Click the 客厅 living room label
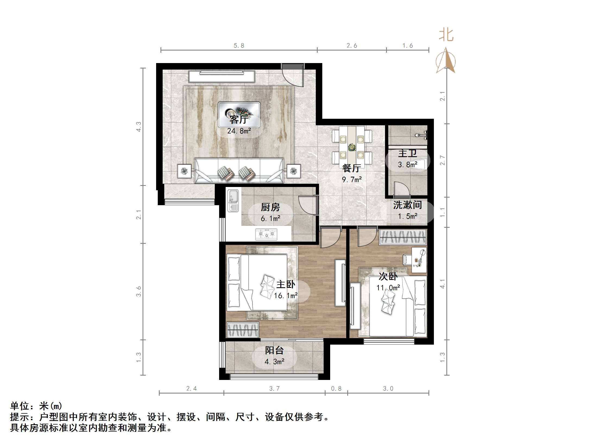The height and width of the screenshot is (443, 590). (239, 120)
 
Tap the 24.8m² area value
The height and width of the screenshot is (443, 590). (239, 131)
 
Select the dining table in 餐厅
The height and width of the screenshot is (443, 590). (352, 147)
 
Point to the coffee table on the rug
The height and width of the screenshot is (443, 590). (239, 114)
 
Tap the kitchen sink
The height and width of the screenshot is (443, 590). (233, 200)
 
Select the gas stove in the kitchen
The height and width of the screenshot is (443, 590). (266, 234)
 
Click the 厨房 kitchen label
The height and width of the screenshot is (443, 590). (270, 207)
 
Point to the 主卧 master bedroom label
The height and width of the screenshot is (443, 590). (286, 285)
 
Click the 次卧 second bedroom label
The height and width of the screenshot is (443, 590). (388, 276)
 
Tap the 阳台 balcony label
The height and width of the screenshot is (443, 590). (275, 351)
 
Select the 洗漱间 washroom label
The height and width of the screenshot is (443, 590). (408, 205)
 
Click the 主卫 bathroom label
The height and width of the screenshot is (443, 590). (408, 154)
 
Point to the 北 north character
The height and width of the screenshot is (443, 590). (446, 35)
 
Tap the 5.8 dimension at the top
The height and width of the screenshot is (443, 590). (239, 46)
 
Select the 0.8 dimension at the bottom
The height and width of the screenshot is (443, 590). (336, 389)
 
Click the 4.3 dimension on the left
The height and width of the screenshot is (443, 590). (139, 127)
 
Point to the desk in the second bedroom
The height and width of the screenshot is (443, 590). (419, 260)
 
